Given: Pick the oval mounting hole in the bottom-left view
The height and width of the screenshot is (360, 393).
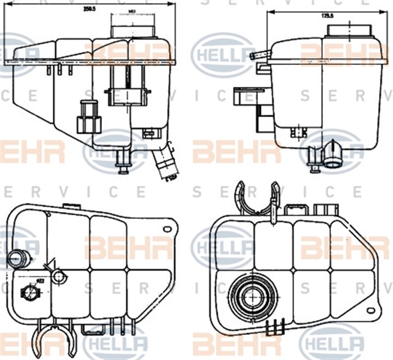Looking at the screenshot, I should coord(166,228).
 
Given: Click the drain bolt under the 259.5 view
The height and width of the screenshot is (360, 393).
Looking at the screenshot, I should coord(123,164).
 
